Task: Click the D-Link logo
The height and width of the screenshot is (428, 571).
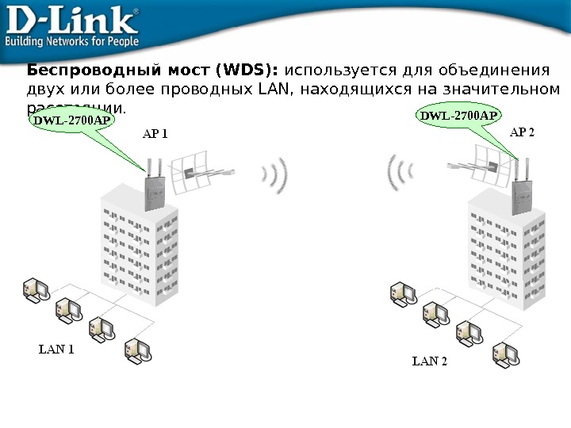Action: pos(71,17)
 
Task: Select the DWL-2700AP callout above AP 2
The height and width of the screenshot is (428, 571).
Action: pos(459,117)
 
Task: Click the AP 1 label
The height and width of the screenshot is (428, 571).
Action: pos(155,134)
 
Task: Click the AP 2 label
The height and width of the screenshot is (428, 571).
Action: pos(522,132)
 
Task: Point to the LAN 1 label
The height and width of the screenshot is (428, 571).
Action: pos(56,349)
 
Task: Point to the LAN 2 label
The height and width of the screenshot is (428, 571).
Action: pos(430,361)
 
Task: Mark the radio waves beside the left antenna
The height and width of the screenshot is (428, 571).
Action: pos(275,176)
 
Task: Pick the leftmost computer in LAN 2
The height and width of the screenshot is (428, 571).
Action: pos(401,292)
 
